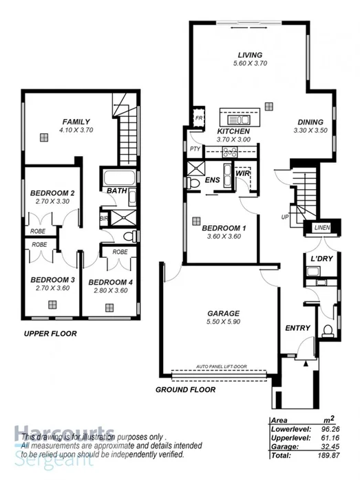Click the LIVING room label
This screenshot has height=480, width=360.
click(246, 54)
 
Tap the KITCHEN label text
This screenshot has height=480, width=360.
click(233, 131)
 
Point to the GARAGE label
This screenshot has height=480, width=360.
click(223, 313)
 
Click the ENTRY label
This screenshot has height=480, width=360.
click(297, 328)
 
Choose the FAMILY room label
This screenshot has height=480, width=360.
click(76, 121)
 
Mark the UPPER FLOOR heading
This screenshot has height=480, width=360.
click(50, 334)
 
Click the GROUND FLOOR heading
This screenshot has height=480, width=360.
click(185, 389)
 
